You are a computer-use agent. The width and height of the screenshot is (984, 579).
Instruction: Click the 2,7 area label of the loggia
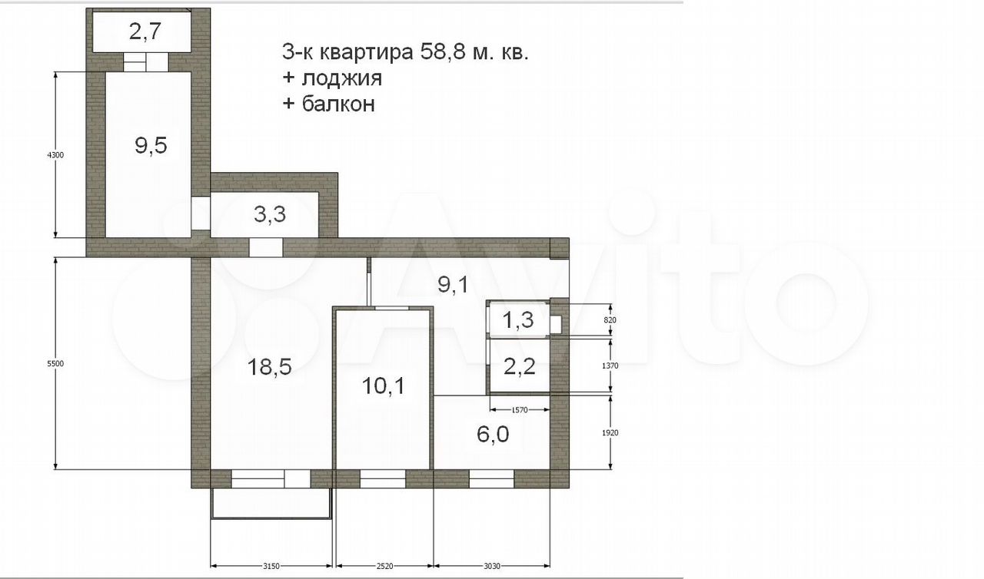coord(145,31)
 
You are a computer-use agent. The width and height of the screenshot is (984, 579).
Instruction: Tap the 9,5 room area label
coord(151,145)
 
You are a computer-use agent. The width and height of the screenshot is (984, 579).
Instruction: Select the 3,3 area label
coord(270,214)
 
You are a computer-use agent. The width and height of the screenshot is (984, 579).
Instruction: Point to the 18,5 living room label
coord(269,367)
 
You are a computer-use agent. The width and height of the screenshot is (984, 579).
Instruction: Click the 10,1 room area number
coord(384,386)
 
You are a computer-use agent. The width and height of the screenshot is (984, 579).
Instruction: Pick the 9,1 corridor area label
coord(454,285)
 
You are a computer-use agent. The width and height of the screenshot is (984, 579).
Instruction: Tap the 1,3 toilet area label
coord(518,319)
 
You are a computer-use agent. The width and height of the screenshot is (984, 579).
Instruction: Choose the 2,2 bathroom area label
coord(519,366)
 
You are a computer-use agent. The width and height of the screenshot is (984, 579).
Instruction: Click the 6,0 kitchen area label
coord(493,435)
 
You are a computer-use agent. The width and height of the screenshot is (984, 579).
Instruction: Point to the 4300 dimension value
coord(55,155)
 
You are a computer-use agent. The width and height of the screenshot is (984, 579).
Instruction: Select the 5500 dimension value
coord(55,364)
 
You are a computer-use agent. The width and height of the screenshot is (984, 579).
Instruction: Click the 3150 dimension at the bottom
coord(271,566)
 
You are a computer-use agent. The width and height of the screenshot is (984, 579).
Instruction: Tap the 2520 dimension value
coord(384,566)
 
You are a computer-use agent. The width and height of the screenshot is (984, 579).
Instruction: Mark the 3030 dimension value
coord(492,566)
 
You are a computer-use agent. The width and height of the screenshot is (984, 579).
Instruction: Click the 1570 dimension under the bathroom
coord(520,410)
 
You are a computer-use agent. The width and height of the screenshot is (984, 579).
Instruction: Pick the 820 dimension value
coord(610,320)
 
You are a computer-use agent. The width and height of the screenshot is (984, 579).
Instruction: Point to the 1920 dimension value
coord(610,433)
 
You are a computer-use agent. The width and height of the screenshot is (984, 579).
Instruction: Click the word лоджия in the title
coord(342,79)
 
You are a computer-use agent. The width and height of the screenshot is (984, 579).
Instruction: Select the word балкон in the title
coord(338,104)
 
